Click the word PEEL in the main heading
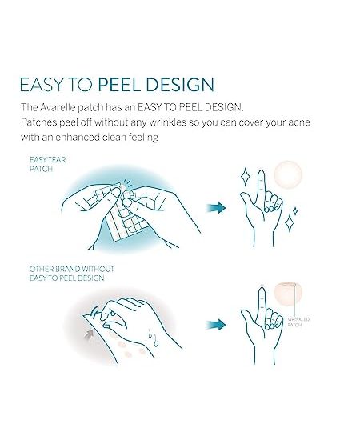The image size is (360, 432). tap(119, 84)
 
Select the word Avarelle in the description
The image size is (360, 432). tap(58, 107)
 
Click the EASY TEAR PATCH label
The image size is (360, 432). tap(48, 164)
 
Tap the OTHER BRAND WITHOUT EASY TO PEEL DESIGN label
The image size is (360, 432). tap(72, 274)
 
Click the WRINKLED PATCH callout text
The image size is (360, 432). tap(298, 322)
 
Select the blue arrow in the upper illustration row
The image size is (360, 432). tap(216, 207)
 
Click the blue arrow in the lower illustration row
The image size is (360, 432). tap(216, 324)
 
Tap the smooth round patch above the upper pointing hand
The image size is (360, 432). tap(288, 174)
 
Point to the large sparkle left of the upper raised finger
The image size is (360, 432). tap(245, 176)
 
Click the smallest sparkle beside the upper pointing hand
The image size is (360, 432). tap(295, 211)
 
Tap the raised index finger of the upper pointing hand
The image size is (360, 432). tap(261, 185)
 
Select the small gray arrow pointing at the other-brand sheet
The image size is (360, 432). tap(89, 335)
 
